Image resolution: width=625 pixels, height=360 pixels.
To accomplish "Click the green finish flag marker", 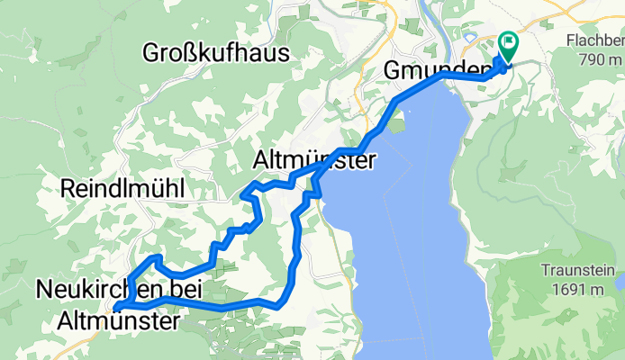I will pos(507,43).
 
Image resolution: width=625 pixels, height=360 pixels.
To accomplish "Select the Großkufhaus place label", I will pos(216,52).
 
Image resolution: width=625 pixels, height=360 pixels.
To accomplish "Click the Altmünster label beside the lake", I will pos(312,161).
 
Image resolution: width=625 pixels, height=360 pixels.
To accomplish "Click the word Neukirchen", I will pos(96,290).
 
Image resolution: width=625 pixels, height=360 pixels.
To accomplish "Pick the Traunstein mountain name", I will pos(577,271).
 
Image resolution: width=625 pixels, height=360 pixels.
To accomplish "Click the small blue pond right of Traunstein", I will pos(620,283).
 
